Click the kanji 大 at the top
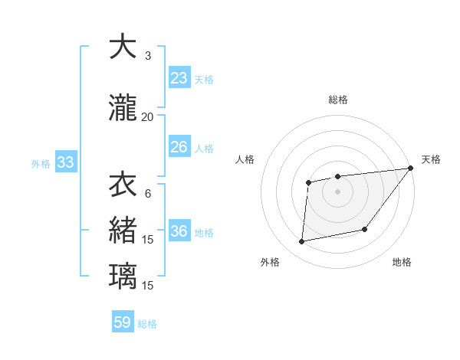[x=123, y=47]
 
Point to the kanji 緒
[x=123, y=231]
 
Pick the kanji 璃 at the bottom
[x=123, y=275]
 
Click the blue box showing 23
[x=179, y=77]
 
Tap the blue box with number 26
[x=179, y=146]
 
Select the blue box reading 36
[x=179, y=231]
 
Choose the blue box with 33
[x=65, y=162]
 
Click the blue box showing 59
[x=123, y=322]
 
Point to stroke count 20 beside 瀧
[x=148, y=116]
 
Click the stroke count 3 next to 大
[x=148, y=56]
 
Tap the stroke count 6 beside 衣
[x=148, y=193]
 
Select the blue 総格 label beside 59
[x=148, y=324]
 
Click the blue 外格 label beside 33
[x=41, y=163]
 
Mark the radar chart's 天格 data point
[x=411, y=168]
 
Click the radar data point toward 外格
[x=302, y=242]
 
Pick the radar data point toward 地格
[x=365, y=229]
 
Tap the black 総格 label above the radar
[x=338, y=100]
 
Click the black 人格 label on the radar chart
[x=245, y=159]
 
